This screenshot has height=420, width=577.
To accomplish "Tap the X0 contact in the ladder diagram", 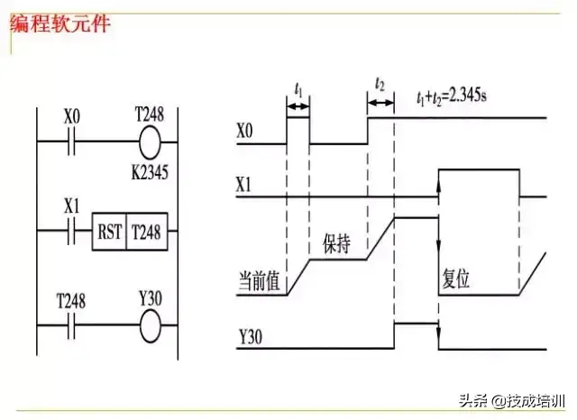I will click(x=72, y=142).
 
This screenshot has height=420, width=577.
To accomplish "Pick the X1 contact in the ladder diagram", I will click(x=72, y=232).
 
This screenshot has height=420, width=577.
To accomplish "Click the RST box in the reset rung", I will click(x=108, y=232).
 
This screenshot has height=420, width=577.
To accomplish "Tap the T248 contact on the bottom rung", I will click(x=71, y=323).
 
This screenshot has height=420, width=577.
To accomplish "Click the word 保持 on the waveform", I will click(x=335, y=244).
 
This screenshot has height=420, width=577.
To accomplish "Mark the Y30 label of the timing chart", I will click(x=250, y=337).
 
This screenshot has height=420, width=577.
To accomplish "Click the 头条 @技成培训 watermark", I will click(x=512, y=400).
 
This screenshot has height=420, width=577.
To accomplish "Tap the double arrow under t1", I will click(x=298, y=106).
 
